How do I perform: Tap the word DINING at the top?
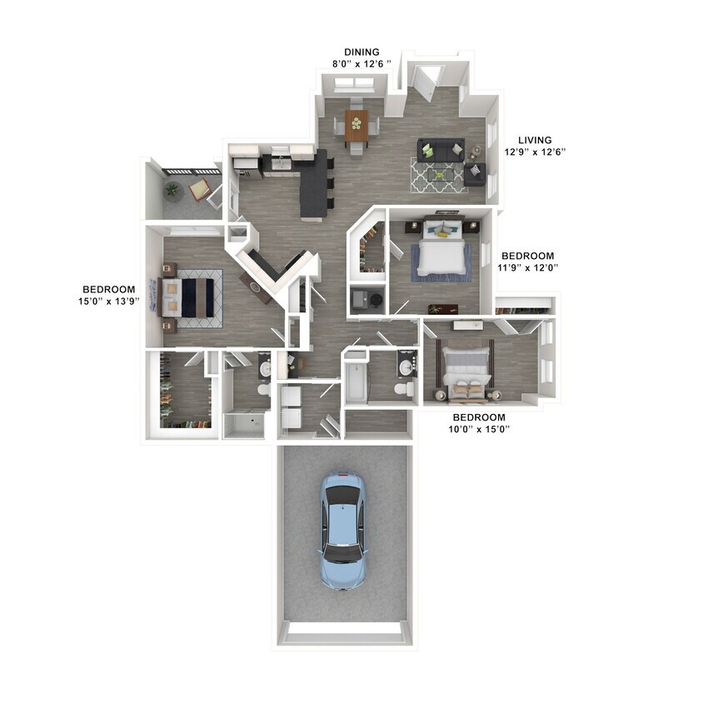pyautogui.click(x=362, y=52)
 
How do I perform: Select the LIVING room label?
pyautogui.click(x=535, y=140)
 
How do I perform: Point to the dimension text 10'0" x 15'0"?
pyautogui.click(x=480, y=429)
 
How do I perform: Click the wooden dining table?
pyautogui.click(x=356, y=125)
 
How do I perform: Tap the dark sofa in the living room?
pyautogui.click(x=441, y=150)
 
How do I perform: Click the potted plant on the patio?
pyautogui.click(x=172, y=191)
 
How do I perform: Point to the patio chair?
pyautogui.click(x=200, y=190)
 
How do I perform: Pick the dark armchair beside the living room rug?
pyautogui.click(x=476, y=174)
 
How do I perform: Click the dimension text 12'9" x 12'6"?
pyautogui.click(x=535, y=152)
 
